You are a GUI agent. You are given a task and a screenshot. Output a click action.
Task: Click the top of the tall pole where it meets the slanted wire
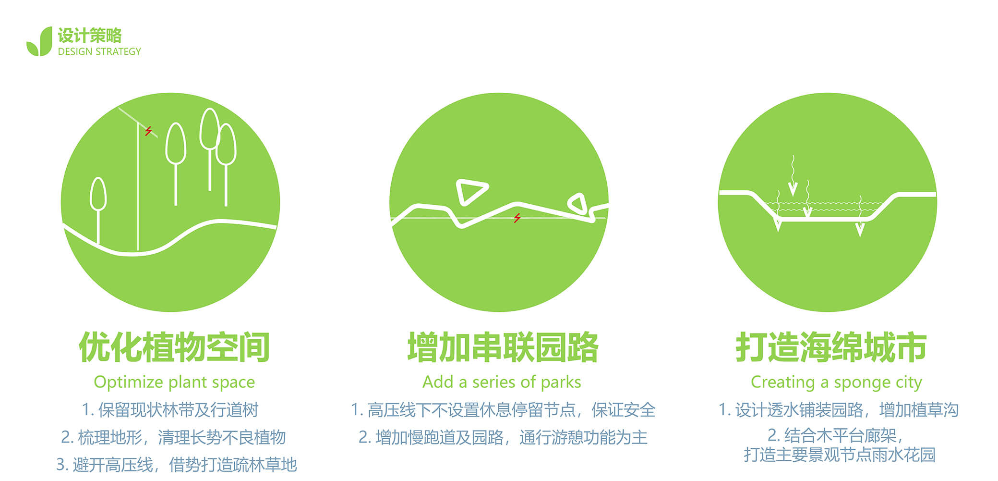coord(138,124)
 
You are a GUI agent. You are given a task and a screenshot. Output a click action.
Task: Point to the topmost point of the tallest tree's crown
coord(209,108)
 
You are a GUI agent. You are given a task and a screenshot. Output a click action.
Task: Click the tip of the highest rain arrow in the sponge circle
coord(793,195)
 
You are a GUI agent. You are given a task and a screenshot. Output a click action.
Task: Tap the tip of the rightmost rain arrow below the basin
coord(860,236)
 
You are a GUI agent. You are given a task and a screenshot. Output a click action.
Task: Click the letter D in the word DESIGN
coord(60,51)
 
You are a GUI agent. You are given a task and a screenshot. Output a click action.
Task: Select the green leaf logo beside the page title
coord(39,41)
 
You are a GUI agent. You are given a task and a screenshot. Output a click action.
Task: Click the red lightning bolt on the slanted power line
coord(149,130)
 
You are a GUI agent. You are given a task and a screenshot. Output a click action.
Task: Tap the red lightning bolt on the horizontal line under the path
coord(517,218)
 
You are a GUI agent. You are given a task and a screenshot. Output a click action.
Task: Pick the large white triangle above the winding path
coord(471,192)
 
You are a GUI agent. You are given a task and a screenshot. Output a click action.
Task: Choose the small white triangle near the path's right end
coord(577,203)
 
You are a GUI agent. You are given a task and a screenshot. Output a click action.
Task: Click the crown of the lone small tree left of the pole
coord(98,194)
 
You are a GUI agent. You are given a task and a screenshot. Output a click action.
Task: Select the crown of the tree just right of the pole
coord(176,143)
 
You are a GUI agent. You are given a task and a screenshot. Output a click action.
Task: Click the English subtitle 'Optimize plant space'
coord(174,382)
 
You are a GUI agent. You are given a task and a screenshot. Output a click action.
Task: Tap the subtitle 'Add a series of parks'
coord(502,382)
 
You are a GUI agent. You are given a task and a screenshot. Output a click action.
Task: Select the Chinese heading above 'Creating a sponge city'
coord(831,347)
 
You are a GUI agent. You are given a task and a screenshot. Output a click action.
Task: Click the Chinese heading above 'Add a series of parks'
coord(503,347)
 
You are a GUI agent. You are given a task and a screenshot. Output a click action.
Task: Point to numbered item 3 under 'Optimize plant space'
coord(176,465)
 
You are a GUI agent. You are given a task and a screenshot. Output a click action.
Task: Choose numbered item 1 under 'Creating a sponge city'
coord(838,410)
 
